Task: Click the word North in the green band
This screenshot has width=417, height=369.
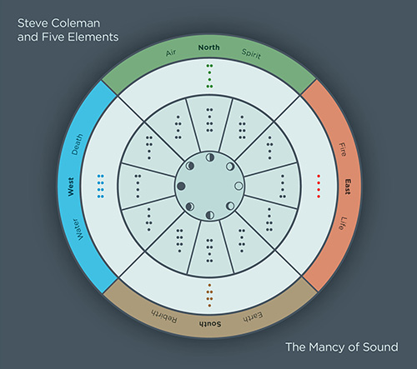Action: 208,47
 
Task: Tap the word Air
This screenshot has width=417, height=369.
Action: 171,52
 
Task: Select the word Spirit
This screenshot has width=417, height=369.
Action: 251,54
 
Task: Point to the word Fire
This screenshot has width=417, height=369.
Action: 343,149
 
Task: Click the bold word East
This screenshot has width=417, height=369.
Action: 348,187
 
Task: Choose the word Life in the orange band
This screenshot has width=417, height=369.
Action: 342,223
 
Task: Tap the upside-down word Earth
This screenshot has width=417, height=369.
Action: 253,317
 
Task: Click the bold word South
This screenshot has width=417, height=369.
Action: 210,324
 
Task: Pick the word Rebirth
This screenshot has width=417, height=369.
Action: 164,316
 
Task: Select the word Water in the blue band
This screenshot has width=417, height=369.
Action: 78,229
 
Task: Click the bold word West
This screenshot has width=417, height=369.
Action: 71,187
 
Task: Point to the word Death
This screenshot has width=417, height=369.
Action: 77,144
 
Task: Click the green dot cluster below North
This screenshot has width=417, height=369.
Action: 209,76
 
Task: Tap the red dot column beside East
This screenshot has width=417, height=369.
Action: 319,187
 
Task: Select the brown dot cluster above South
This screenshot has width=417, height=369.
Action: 209,296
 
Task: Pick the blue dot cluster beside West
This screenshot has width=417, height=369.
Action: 101,187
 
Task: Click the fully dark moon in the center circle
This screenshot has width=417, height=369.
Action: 181,186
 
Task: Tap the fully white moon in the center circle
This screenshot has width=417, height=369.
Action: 239,186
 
